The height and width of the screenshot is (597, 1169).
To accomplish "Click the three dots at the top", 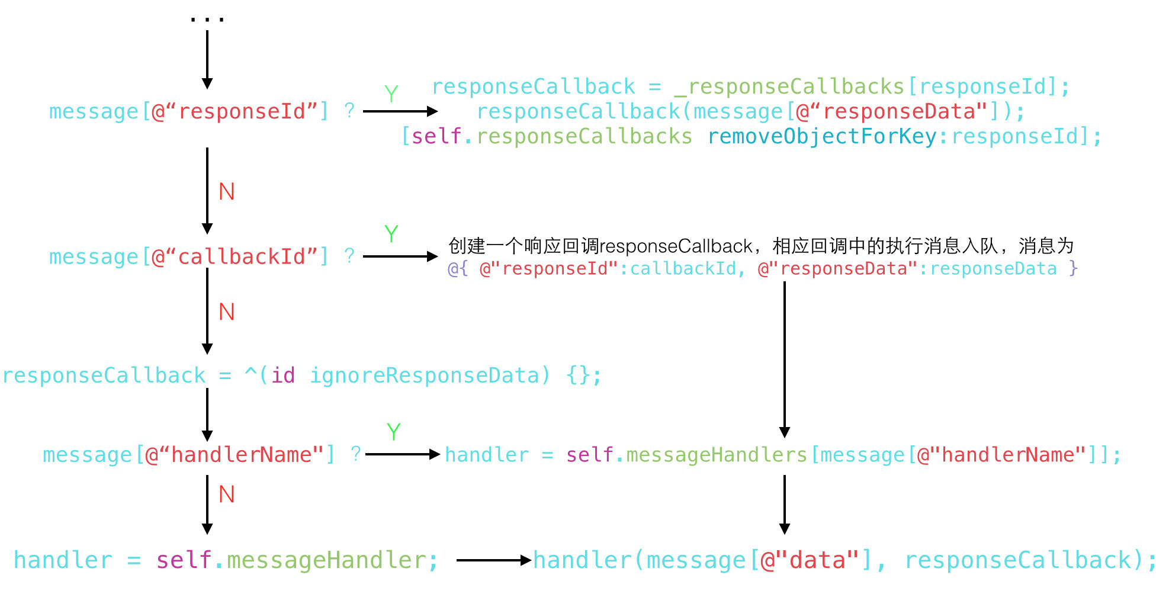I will coord(207,20).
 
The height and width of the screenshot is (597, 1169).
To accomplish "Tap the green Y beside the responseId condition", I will coord(391,94).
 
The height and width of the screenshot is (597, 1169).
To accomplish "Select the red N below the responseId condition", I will coord(227,192).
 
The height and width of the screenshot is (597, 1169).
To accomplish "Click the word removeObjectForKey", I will coord(822,137).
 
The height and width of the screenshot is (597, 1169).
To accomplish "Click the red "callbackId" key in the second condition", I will coord(240,256).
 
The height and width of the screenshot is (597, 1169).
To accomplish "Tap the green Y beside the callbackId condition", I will coord(391,234).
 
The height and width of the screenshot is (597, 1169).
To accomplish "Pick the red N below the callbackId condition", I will coord(227,312).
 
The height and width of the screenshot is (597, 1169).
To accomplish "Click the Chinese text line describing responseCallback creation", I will coord(761,246).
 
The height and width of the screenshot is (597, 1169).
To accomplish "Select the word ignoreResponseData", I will coord(424,375).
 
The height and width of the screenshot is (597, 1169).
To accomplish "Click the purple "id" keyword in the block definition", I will coord(283,375).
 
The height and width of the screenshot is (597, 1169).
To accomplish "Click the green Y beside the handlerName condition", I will coord(393,432).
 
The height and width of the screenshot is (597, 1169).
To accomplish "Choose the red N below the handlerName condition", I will coord(227,495).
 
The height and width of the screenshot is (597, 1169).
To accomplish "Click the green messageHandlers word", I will coord(717,455).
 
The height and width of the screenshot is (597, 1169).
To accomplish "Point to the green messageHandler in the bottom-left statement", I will coord(326,560).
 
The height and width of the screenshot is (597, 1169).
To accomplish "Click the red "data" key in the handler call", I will coord(810,560).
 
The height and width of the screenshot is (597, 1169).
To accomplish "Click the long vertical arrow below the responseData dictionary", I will coord(785,358).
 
